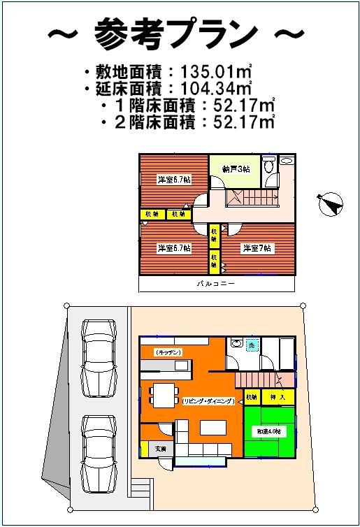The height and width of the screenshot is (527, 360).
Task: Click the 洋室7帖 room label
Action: coord(257,248)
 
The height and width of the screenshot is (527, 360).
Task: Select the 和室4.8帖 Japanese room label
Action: coord(269,433)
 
